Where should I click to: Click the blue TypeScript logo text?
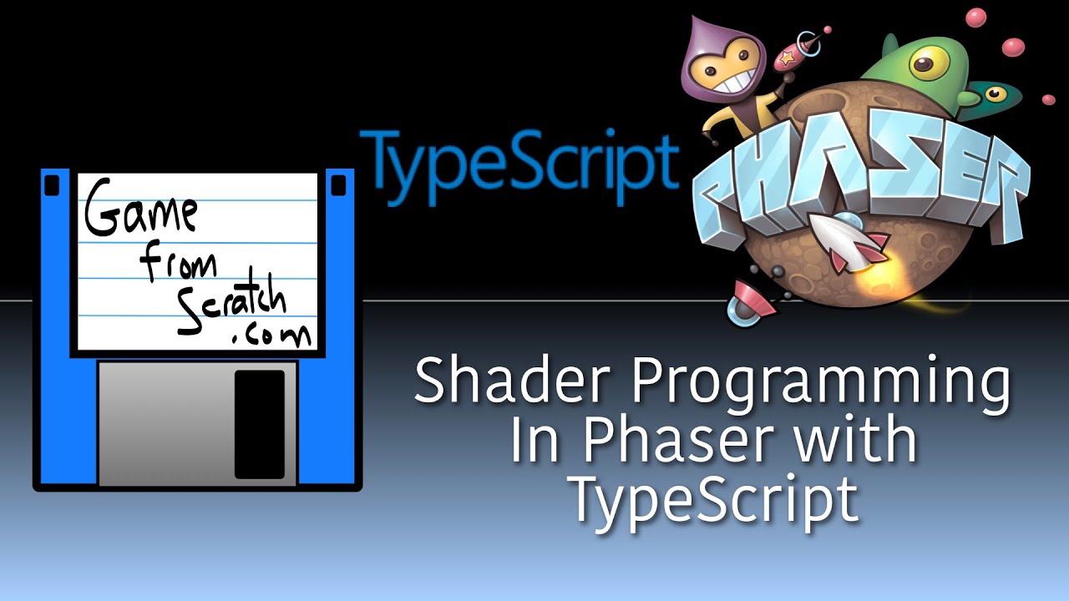click(x=518, y=167)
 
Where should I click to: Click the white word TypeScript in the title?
click(x=712, y=498)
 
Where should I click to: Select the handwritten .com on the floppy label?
click(x=272, y=335)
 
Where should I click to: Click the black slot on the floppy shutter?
click(x=259, y=424)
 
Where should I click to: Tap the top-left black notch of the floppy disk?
click(x=52, y=184)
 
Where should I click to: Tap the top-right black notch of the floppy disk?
click(x=337, y=184)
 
